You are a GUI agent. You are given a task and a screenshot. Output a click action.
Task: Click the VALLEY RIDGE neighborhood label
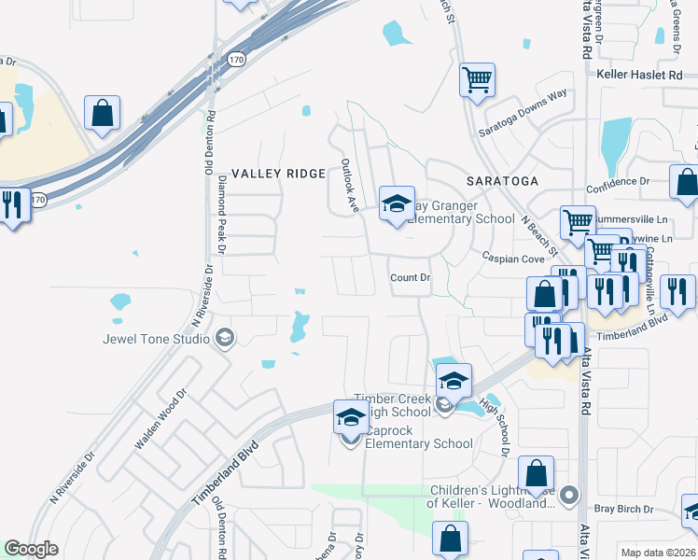(278, 174)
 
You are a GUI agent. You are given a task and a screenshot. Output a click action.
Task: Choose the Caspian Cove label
(512, 258)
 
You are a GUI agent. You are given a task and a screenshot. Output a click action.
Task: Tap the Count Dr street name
(410, 278)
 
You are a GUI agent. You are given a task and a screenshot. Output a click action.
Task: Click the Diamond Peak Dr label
(222, 213)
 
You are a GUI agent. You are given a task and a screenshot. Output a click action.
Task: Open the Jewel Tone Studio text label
(156, 338)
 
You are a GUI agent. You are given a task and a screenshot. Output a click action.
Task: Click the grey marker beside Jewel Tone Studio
(224, 338)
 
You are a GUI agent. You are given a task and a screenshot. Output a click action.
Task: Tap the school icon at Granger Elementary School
(396, 203)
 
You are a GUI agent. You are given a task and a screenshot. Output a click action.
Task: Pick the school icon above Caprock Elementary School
(350, 418)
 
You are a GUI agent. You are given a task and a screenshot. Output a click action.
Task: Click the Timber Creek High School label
(392, 405)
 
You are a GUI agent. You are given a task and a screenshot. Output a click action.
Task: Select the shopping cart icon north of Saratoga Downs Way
(476, 79)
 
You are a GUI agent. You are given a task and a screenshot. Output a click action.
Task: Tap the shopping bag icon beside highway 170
(102, 113)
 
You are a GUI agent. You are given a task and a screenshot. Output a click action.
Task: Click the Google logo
(31, 549)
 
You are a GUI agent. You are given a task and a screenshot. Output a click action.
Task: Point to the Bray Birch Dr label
(623, 509)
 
